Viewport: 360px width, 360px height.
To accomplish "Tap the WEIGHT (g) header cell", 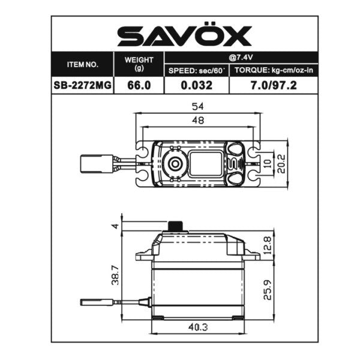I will [x=139, y=64].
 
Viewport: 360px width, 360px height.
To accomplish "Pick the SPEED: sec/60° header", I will [x=196, y=71].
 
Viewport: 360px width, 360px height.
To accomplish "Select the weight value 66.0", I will [x=139, y=85].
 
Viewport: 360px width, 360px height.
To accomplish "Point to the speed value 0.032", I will [x=196, y=85].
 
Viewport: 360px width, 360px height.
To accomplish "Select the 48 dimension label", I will [x=197, y=120].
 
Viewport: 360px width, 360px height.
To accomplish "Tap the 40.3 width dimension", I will [x=197, y=328].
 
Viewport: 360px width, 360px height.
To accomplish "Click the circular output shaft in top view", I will [x=175, y=163].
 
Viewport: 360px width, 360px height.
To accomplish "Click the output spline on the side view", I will [x=175, y=226].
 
